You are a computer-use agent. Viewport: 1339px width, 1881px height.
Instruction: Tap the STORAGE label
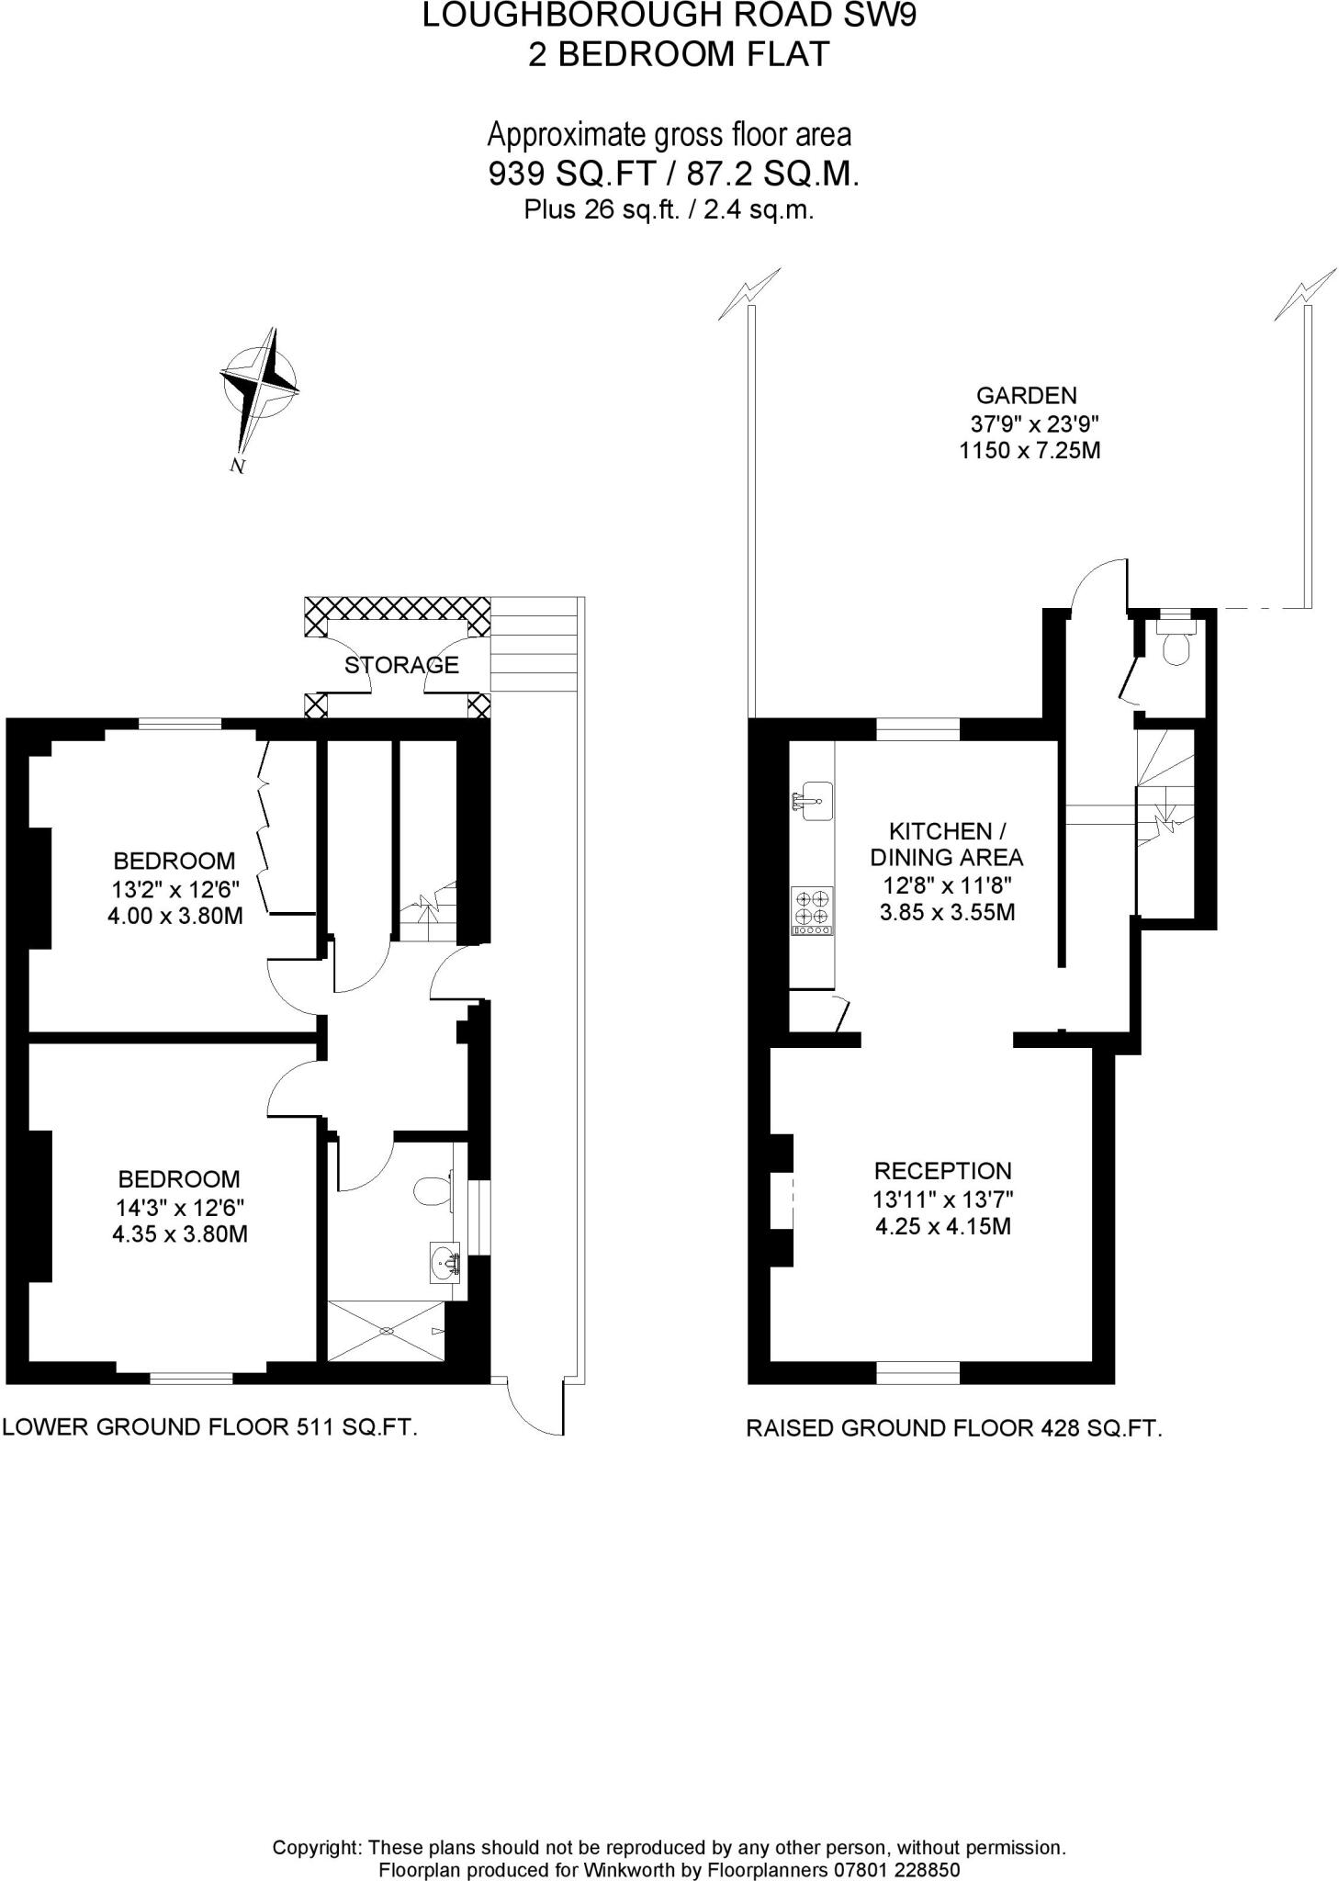pyautogui.click(x=401, y=665)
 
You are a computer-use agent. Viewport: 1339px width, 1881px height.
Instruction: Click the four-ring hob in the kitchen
pyautogui.click(x=813, y=910)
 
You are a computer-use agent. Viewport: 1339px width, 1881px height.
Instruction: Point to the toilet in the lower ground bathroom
pyautogui.click(x=430, y=1192)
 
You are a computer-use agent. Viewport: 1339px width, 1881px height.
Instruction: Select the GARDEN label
pyautogui.click(x=1026, y=396)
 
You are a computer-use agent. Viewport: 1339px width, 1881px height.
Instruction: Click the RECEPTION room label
pyautogui.click(x=942, y=1171)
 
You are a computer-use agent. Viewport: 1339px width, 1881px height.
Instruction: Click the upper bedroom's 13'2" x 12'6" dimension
pyautogui.click(x=174, y=888)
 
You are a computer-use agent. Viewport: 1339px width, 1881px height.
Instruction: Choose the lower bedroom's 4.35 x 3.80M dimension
pyautogui.click(x=180, y=1234)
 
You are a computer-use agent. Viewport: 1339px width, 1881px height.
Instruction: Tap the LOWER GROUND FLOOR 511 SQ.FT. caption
pyautogui.click(x=210, y=1426)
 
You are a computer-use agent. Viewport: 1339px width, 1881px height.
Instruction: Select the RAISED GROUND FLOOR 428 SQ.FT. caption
pyautogui.click(x=953, y=1428)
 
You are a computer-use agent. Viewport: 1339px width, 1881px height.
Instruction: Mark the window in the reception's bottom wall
pyautogui.click(x=917, y=1372)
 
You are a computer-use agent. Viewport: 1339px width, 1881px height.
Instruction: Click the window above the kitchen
pyautogui.click(x=917, y=730)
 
